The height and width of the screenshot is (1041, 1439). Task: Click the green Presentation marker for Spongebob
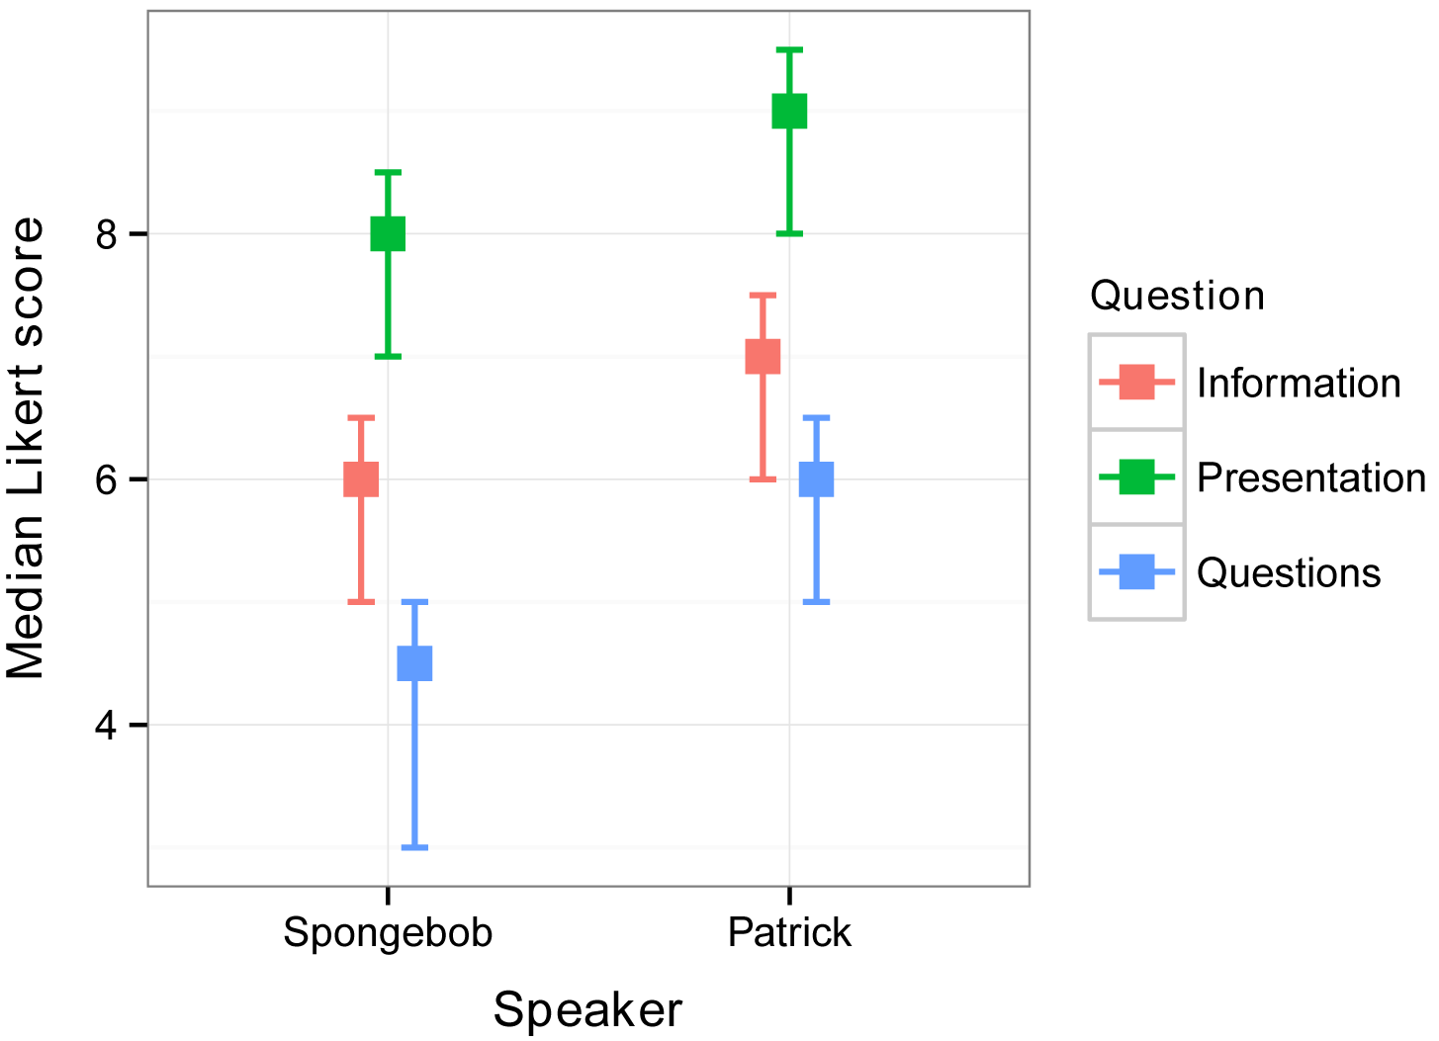[x=388, y=234]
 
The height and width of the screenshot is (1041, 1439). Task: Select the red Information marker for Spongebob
[x=361, y=479]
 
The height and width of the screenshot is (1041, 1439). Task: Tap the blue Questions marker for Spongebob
[x=414, y=663]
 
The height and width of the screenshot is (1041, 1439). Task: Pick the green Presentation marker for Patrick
[x=789, y=111]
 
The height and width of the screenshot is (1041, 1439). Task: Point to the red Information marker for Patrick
[x=763, y=356]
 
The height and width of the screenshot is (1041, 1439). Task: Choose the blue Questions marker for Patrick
[x=816, y=479]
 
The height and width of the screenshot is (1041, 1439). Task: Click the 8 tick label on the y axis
[x=108, y=235]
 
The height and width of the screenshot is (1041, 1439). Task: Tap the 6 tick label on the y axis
[x=108, y=480]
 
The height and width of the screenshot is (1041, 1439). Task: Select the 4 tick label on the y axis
[x=108, y=726]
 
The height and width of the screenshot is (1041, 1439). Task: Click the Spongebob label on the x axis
[x=388, y=933]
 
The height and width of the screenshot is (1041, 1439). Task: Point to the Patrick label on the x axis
[x=789, y=933]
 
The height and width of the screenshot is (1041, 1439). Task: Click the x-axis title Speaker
[x=587, y=1010]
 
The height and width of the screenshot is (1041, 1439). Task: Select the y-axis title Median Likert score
[x=28, y=448]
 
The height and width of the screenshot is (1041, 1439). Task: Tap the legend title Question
[x=1177, y=296]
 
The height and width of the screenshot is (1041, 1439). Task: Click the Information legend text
[x=1299, y=384]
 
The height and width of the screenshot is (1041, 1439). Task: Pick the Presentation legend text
[x=1311, y=478]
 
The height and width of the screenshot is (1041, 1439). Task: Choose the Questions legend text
[x=1289, y=573]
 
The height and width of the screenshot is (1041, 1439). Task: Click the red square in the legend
[x=1137, y=382]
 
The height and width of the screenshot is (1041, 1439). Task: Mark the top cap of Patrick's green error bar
[x=789, y=49]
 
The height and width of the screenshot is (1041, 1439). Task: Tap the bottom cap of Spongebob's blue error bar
[x=414, y=847]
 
